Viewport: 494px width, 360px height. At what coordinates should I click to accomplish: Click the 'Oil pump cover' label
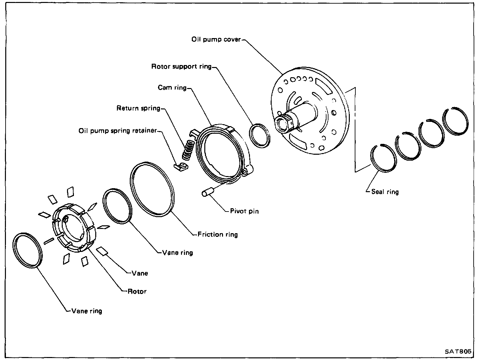pyautogui.click(x=216, y=40)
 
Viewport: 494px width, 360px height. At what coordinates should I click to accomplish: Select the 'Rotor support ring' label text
pyautogui.click(x=181, y=67)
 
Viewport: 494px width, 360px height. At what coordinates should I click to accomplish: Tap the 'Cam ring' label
pyautogui.click(x=172, y=88)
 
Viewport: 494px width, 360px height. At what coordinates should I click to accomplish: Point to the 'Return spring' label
pyautogui.click(x=138, y=108)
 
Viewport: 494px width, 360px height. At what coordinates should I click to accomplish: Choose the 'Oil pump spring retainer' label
pyautogui.click(x=118, y=131)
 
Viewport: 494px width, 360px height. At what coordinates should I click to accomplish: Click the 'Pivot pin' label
pyautogui.click(x=244, y=211)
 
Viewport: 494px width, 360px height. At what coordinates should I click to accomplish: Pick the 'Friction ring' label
pyautogui.click(x=217, y=235)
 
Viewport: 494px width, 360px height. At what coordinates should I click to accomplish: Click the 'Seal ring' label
pyautogui.click(x=385, y=192)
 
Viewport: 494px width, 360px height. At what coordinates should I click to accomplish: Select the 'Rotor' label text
pyautogui.click(x=137, y=291)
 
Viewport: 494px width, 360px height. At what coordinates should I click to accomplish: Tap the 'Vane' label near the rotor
pyautogui.click(x=140, y=273)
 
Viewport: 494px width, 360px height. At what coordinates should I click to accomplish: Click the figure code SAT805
pyautogui.click(x=458, y=351)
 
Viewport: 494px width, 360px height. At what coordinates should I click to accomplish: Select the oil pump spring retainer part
pyautogui.click(x=181, y=167)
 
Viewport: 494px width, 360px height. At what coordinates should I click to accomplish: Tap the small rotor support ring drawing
pyautogui.click(x=260, y=135)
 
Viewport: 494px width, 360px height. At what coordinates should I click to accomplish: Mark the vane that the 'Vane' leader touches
pyautogui.click(x=103, y=251)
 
